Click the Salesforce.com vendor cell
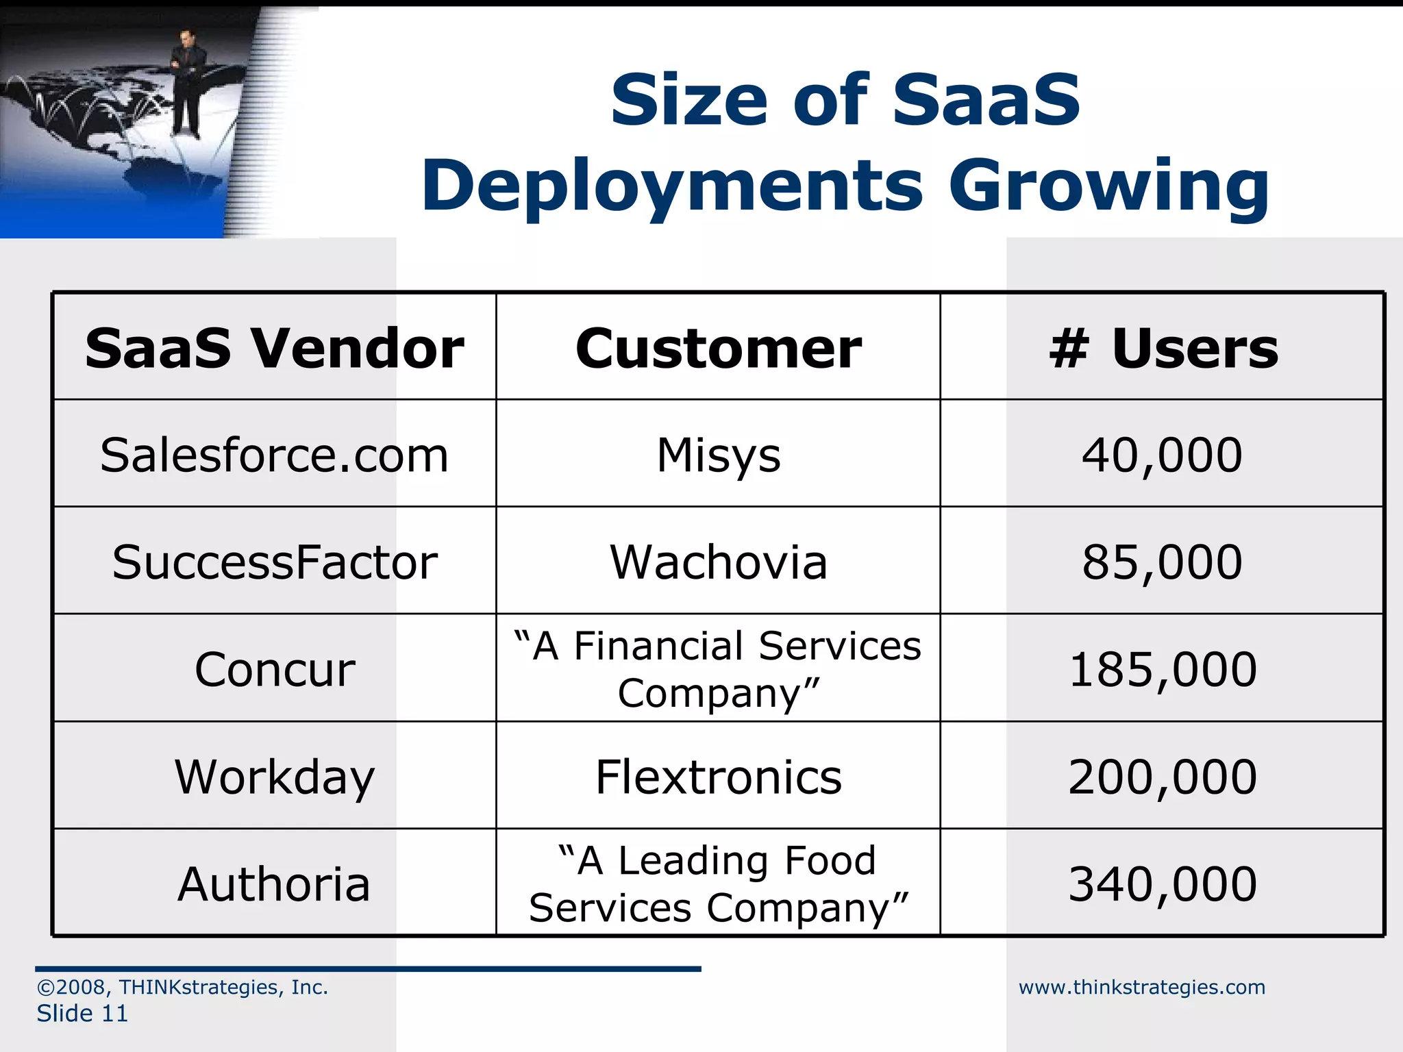click(x=274, y=455)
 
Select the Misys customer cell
click(x=718, y=455)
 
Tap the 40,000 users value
click(x=1162, y=455)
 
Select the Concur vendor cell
click(x=274, y=669)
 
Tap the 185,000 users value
click(x=1162, y=669)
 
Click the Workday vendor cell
click(x=274, y=777)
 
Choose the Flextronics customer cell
click(x=718, y=777)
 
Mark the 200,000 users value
click(x=1162, y=777)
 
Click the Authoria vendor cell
click(x=274, y=884)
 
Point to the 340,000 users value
click(x=1162, y=884)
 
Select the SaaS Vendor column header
click(x=274, y=349)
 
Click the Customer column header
click(x=718, y=349)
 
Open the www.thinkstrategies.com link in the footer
click(x=1141, y=987)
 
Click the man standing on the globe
click(x=186, y=82)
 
